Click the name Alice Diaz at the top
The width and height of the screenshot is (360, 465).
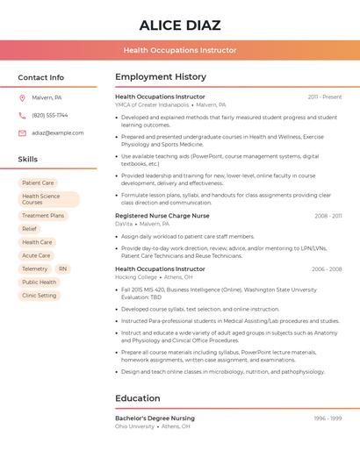(x=179, y=25)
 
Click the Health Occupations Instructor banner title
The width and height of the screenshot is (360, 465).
(x=179, y=50)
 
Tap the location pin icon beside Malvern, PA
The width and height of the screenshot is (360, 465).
(x=22, y=97)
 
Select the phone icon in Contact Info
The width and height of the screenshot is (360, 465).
(x=22, y=115)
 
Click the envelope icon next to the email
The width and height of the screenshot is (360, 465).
(x=22, y=133)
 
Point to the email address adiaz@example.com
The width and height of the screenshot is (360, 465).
(x=58, y=133)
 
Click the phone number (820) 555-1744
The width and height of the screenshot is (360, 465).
(x=50, y=115)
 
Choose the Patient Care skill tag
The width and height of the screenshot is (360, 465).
(x=38, y=182)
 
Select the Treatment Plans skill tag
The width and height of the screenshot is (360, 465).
(x=43, y=216)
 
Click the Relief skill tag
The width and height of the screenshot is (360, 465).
(x=30, y=229)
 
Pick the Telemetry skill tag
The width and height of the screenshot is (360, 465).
(x=35, y=268)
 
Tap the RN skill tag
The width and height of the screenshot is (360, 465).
(x=62, y=268)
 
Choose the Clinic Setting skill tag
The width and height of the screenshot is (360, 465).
(x=40, y=296)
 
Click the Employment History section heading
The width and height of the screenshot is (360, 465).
(x=161, y=77)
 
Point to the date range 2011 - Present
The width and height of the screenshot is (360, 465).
(x=325, y=97)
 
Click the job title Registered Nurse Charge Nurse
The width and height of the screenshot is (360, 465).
(x=162, y=215)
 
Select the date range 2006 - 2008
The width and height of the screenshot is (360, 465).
(x=327, y=269)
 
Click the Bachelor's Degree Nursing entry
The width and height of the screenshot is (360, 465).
(x=155, y=418)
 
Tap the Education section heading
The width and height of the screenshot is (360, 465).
(x=138, y=398)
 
